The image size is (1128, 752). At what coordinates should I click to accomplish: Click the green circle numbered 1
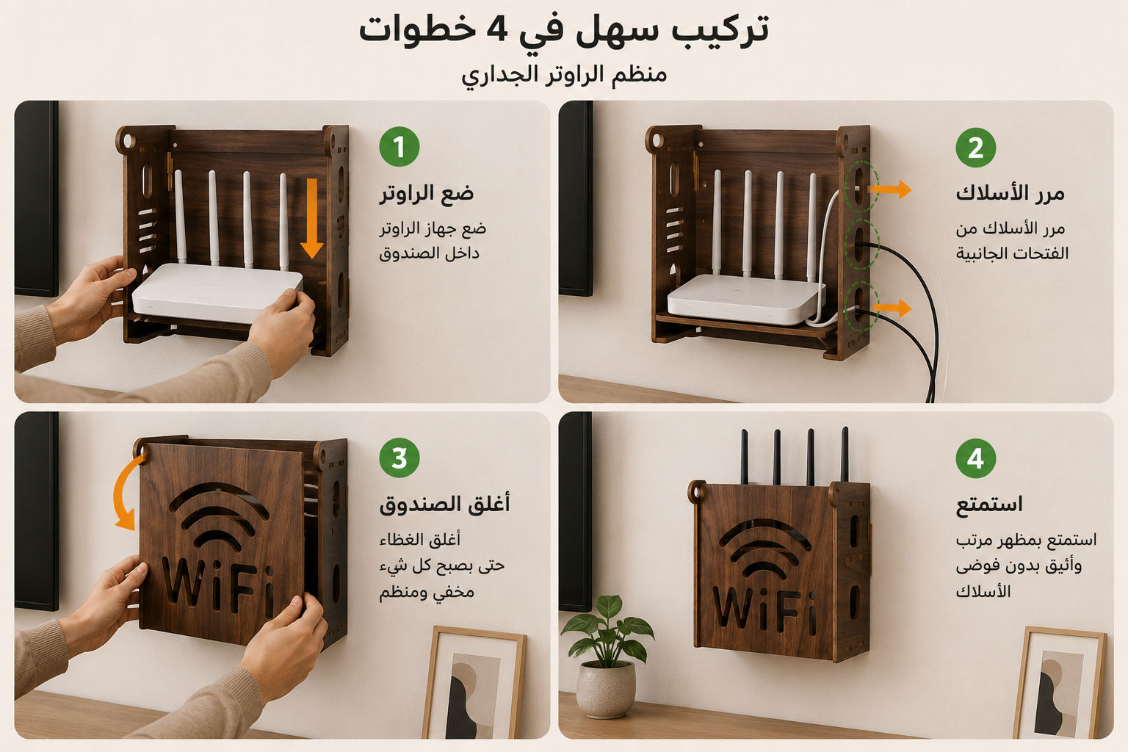(x=399, y=147)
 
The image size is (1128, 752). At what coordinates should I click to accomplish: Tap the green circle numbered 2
(x=976, y=148)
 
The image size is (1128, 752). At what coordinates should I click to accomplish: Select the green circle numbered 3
(x=399, y=458)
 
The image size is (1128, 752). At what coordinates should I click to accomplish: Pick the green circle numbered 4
(x=976, y=458)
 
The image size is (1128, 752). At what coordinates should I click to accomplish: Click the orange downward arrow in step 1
(x=311, y=218)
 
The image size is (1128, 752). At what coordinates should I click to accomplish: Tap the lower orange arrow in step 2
(x=892, y=308)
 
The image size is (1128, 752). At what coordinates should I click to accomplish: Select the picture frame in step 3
(x=474, y=683)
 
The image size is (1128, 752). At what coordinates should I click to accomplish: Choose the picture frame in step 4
(x=1060, y=683)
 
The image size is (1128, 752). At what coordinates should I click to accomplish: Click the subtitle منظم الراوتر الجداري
(x=564, y=75)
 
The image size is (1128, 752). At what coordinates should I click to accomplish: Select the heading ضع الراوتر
(x=427, y=193)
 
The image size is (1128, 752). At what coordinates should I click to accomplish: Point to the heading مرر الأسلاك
(x=1010, y=193)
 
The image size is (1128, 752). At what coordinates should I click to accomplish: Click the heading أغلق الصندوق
(x=444, y=505)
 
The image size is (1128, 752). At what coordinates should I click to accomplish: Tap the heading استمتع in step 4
(x=989, y=504)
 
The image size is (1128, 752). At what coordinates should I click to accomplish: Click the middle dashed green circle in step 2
(x=862, y=245)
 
